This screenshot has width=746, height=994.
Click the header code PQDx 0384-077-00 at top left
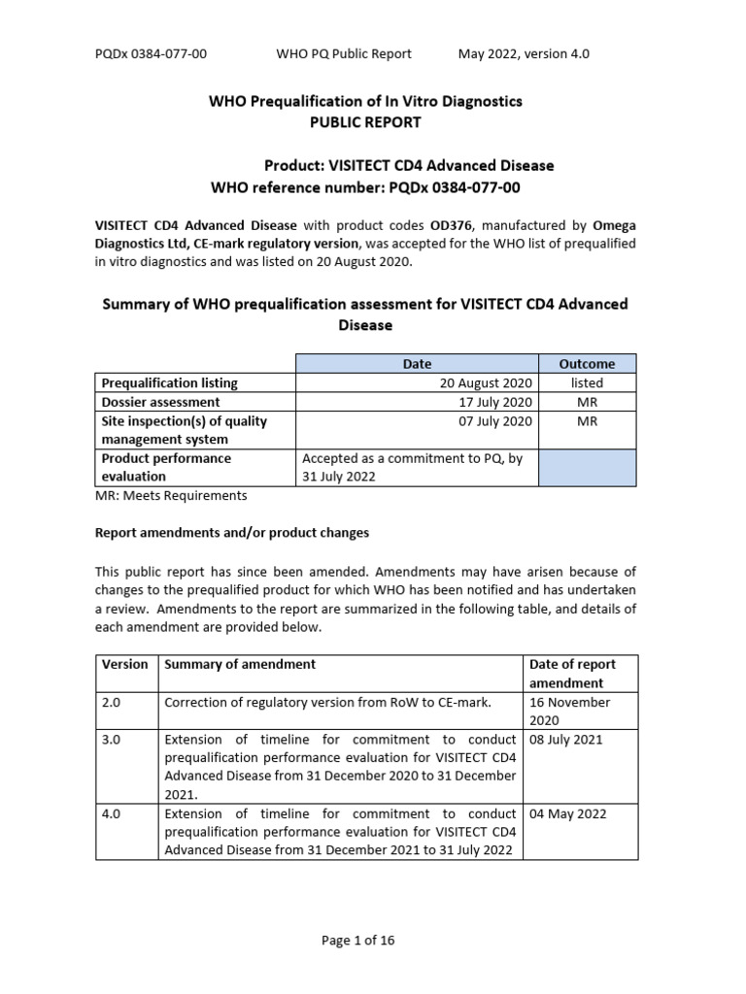pyautogui.click(x=151, y=54)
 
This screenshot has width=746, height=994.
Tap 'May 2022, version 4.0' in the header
pyautogui.click(x=524, y=54)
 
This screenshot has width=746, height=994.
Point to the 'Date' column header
pyautogui.click(x=417, y=364)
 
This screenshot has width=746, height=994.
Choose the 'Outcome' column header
pyautogui.click(x=587, y=364)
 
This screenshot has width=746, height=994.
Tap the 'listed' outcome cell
pyautogui.click(x=587, y=383)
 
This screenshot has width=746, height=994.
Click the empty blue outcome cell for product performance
pyautogui.click(x=587, y=467)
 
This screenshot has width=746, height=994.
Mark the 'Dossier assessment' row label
pyautogui.click(x=160, y=402)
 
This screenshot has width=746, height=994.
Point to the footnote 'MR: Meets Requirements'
pyautogui.click(x=171, y=496)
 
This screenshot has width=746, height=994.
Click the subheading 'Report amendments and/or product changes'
pyautogui.click(x=231, y=533)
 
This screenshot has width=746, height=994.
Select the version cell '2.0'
pyautogui.click(x=113, y=702)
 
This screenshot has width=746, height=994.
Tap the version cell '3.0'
pyautogui.click(x=113, y=740)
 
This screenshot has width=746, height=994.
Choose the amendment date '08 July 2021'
pyautogui.click(x=565, y=740)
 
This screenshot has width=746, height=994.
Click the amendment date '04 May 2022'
pyautogui.click(x=565, y=814)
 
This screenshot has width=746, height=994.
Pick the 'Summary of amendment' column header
pyautogui.click(x=240, y=665)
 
